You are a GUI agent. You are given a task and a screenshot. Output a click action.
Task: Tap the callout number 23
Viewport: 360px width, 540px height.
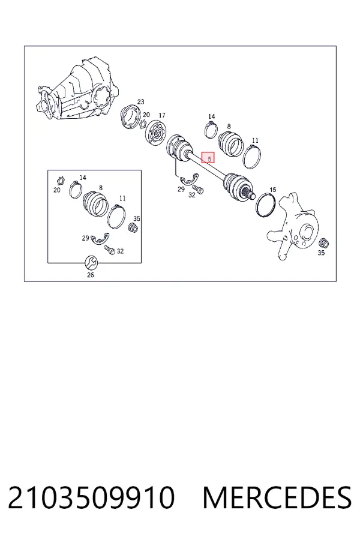[x=140, y=101]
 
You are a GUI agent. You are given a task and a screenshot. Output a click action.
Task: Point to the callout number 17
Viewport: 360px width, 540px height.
[x=161, y=115]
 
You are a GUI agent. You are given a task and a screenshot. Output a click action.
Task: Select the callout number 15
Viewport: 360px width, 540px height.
[x=272, y=190]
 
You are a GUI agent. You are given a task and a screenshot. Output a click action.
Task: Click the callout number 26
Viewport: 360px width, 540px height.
[x=90, y=275]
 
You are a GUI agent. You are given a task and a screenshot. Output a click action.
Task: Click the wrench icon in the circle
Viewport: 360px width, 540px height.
[x=91, y=263]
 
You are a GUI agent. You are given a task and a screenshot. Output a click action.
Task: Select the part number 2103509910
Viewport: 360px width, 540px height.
[x=91, y=497]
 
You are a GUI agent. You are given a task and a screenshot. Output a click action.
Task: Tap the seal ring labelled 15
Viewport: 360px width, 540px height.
[x=266, y=206]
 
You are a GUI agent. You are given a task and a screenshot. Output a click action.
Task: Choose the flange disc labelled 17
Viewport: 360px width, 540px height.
[x=156, y=133]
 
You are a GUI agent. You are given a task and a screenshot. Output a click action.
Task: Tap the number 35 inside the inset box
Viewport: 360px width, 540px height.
[x=137, y=218]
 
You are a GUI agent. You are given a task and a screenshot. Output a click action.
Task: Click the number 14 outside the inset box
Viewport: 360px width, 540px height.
[x=212, y=116]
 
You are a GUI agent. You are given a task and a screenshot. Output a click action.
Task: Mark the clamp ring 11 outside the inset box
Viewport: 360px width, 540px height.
[x=252, y=157]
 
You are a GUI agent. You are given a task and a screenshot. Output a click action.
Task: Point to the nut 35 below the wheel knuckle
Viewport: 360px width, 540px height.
[x=323, y=243]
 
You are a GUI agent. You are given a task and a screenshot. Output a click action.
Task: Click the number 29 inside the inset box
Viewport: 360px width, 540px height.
[x=85, y=238]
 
